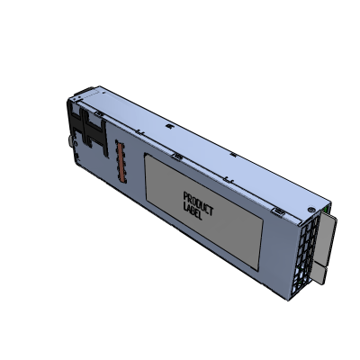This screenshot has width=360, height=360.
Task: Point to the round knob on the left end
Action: point(69,142)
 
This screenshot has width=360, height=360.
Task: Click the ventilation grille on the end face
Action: point(310,247)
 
